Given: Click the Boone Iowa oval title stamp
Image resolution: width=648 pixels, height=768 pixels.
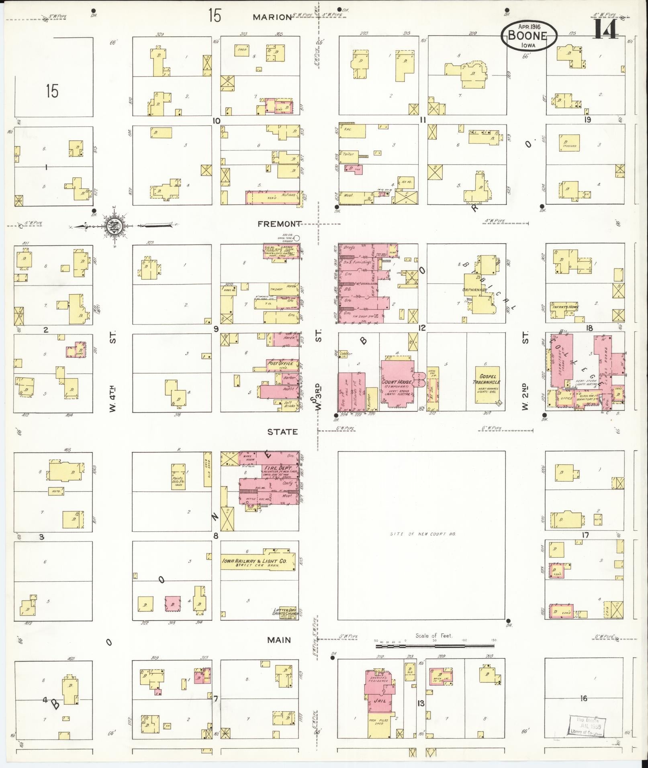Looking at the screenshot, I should [x=529, y=35].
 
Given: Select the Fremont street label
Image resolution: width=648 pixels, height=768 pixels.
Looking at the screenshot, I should [x=279, y=224].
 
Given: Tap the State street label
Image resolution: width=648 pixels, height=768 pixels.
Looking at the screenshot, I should [x=283, y=432].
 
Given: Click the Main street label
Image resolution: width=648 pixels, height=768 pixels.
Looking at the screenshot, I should [x=279, y=640].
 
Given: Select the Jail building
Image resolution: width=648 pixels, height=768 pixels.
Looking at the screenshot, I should [x=380, y=701].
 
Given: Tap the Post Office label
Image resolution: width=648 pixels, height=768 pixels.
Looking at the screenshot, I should [x=280, y=364].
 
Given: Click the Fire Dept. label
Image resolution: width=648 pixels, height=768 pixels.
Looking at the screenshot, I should [x=278, y=468].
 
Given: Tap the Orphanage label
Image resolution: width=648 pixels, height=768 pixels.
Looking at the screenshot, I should [x=474, y=290].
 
